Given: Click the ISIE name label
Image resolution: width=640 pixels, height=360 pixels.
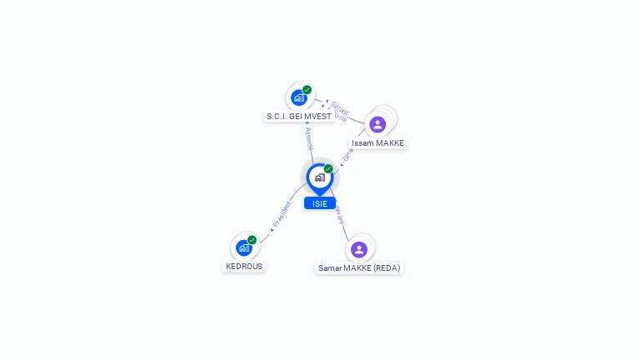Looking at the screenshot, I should (320, 203).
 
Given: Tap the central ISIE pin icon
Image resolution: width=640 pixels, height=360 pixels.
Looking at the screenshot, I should (319, 177).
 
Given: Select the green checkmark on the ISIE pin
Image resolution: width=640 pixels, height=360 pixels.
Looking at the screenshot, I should (328, 169).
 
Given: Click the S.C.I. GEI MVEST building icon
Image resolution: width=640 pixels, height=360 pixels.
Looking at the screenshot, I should (299, 97).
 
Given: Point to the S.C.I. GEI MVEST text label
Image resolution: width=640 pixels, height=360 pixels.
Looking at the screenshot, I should (299, 117).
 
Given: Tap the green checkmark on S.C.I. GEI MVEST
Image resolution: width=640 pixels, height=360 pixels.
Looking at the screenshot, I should (307, 90).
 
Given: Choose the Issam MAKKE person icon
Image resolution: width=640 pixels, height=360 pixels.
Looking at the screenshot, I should (377, 124).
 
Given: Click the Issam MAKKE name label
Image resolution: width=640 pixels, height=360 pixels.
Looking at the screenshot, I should (377, 143).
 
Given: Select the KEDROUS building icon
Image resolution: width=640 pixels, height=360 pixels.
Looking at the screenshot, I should (244, 247).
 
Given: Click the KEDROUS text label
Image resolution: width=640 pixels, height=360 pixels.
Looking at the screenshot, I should (244, 267).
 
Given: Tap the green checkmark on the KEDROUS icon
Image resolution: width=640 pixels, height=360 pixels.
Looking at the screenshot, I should (252, 240).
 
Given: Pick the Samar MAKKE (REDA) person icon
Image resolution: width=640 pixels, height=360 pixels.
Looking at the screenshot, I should (359, 249).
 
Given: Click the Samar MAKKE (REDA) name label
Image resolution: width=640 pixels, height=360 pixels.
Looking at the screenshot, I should (359, 268).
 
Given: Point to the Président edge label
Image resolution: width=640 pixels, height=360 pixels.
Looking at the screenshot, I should (282, 215).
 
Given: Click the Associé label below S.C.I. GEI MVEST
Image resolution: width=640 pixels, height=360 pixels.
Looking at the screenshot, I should (308, 138).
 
